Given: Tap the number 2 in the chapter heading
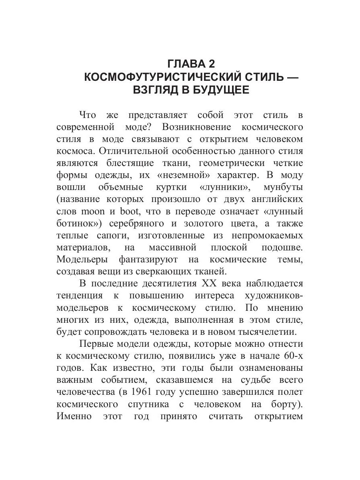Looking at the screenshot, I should [211, 64].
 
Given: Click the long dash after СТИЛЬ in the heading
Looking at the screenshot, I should [295, 76].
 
